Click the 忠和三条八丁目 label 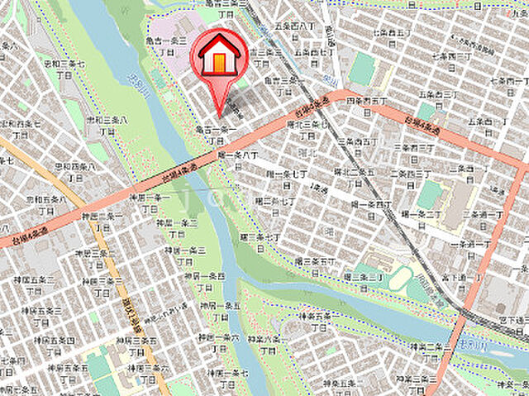tap(107, 124)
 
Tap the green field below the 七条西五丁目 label tap(363, 71)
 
